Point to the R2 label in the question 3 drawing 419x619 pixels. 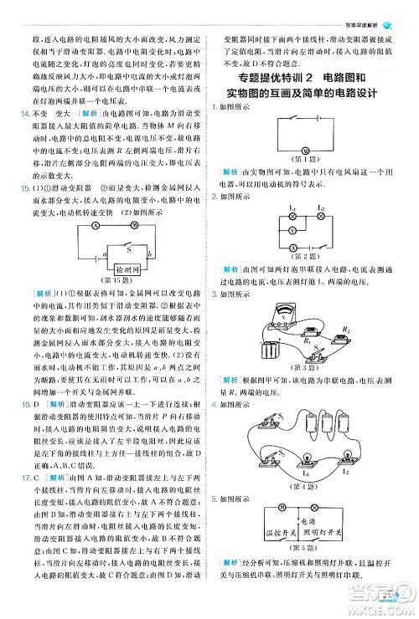[347, 330]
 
